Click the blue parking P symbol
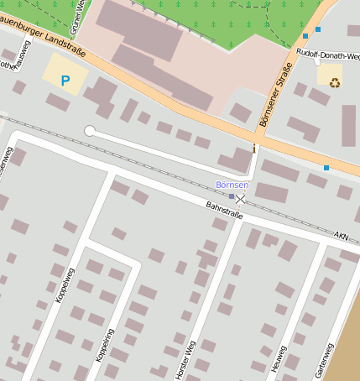(x=65, y=81)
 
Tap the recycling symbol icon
(x=335, y=82)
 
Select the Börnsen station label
(x=232, y=184)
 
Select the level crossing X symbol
(x=242, y=198)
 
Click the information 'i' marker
(x=254, y=149)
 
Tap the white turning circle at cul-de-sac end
(x=90, y=131)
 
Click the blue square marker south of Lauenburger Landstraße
(x=326, y=168)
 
